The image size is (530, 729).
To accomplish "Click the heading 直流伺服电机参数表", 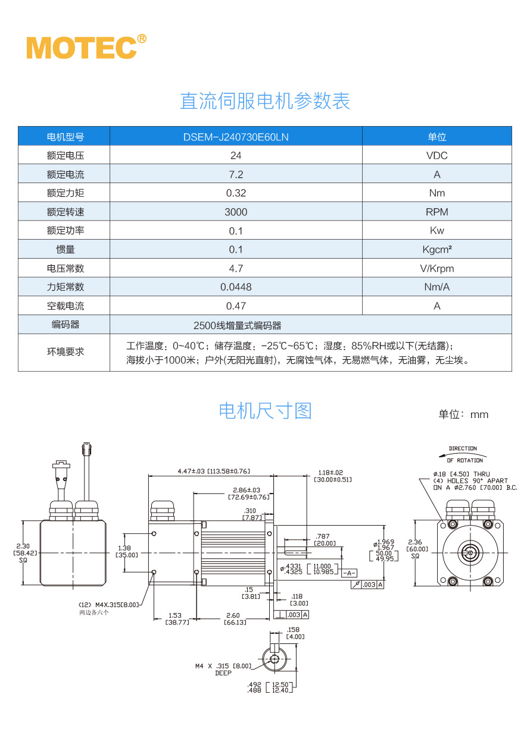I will pyautogui.click(x=265, y=101).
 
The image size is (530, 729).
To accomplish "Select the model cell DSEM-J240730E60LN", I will pyautogui.click(x=236, y=137).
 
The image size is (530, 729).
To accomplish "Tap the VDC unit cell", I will pyautogui.click(x=437, y=156).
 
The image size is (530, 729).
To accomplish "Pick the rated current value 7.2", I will pyautogui.click(x=236, y=174).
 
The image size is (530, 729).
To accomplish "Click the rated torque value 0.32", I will pyautogui.click(x=236, y=193).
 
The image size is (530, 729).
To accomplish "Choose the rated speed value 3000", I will pyautogui.click(x=236, y=212).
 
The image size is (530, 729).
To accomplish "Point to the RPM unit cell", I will pyautogui.click(x=437, y=212).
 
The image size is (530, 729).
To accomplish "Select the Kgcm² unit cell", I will pyautogui.click(x=437, y=250).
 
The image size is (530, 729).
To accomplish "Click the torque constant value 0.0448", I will pyautogui.click(x=236, y=287).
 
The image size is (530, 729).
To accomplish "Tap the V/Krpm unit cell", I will pyautogui.click(x=437, y=268).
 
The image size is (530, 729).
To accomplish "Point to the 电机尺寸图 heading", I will pyautogui.click(x=265, y=411).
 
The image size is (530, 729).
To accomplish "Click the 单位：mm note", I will pyautogui.click(x=463, y=414).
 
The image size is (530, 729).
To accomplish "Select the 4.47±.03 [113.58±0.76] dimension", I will pyautogui.click(x=213, y=471).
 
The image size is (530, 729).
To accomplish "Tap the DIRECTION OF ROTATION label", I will pyautogui.click(x=464, y=454).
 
